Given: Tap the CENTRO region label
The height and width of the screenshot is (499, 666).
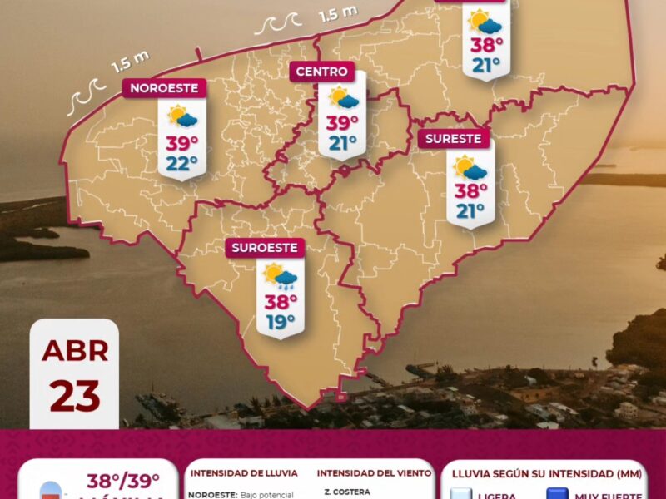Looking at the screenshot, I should [321, 72].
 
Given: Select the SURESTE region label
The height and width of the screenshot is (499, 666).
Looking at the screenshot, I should [454, 139].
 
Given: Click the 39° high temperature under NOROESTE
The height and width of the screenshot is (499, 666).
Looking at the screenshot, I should [181, 144].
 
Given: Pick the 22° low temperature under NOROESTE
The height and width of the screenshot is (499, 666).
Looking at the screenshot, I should [181, 163].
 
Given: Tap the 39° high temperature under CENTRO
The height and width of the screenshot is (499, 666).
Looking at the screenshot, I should [342, 123].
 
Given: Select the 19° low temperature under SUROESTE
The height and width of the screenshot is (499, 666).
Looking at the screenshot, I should [281, 321].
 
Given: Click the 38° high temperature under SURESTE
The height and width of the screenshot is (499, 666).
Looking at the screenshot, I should [470, 191].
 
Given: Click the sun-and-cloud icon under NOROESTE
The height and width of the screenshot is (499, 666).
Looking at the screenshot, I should [181, 116].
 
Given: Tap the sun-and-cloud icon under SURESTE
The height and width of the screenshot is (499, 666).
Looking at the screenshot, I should [470, 167].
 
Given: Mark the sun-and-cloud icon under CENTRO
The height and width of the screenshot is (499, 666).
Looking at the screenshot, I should [343, 98].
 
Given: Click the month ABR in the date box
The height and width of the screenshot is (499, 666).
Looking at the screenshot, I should [75, 350].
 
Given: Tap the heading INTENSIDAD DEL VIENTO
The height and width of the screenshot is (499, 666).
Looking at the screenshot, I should [374, 473].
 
